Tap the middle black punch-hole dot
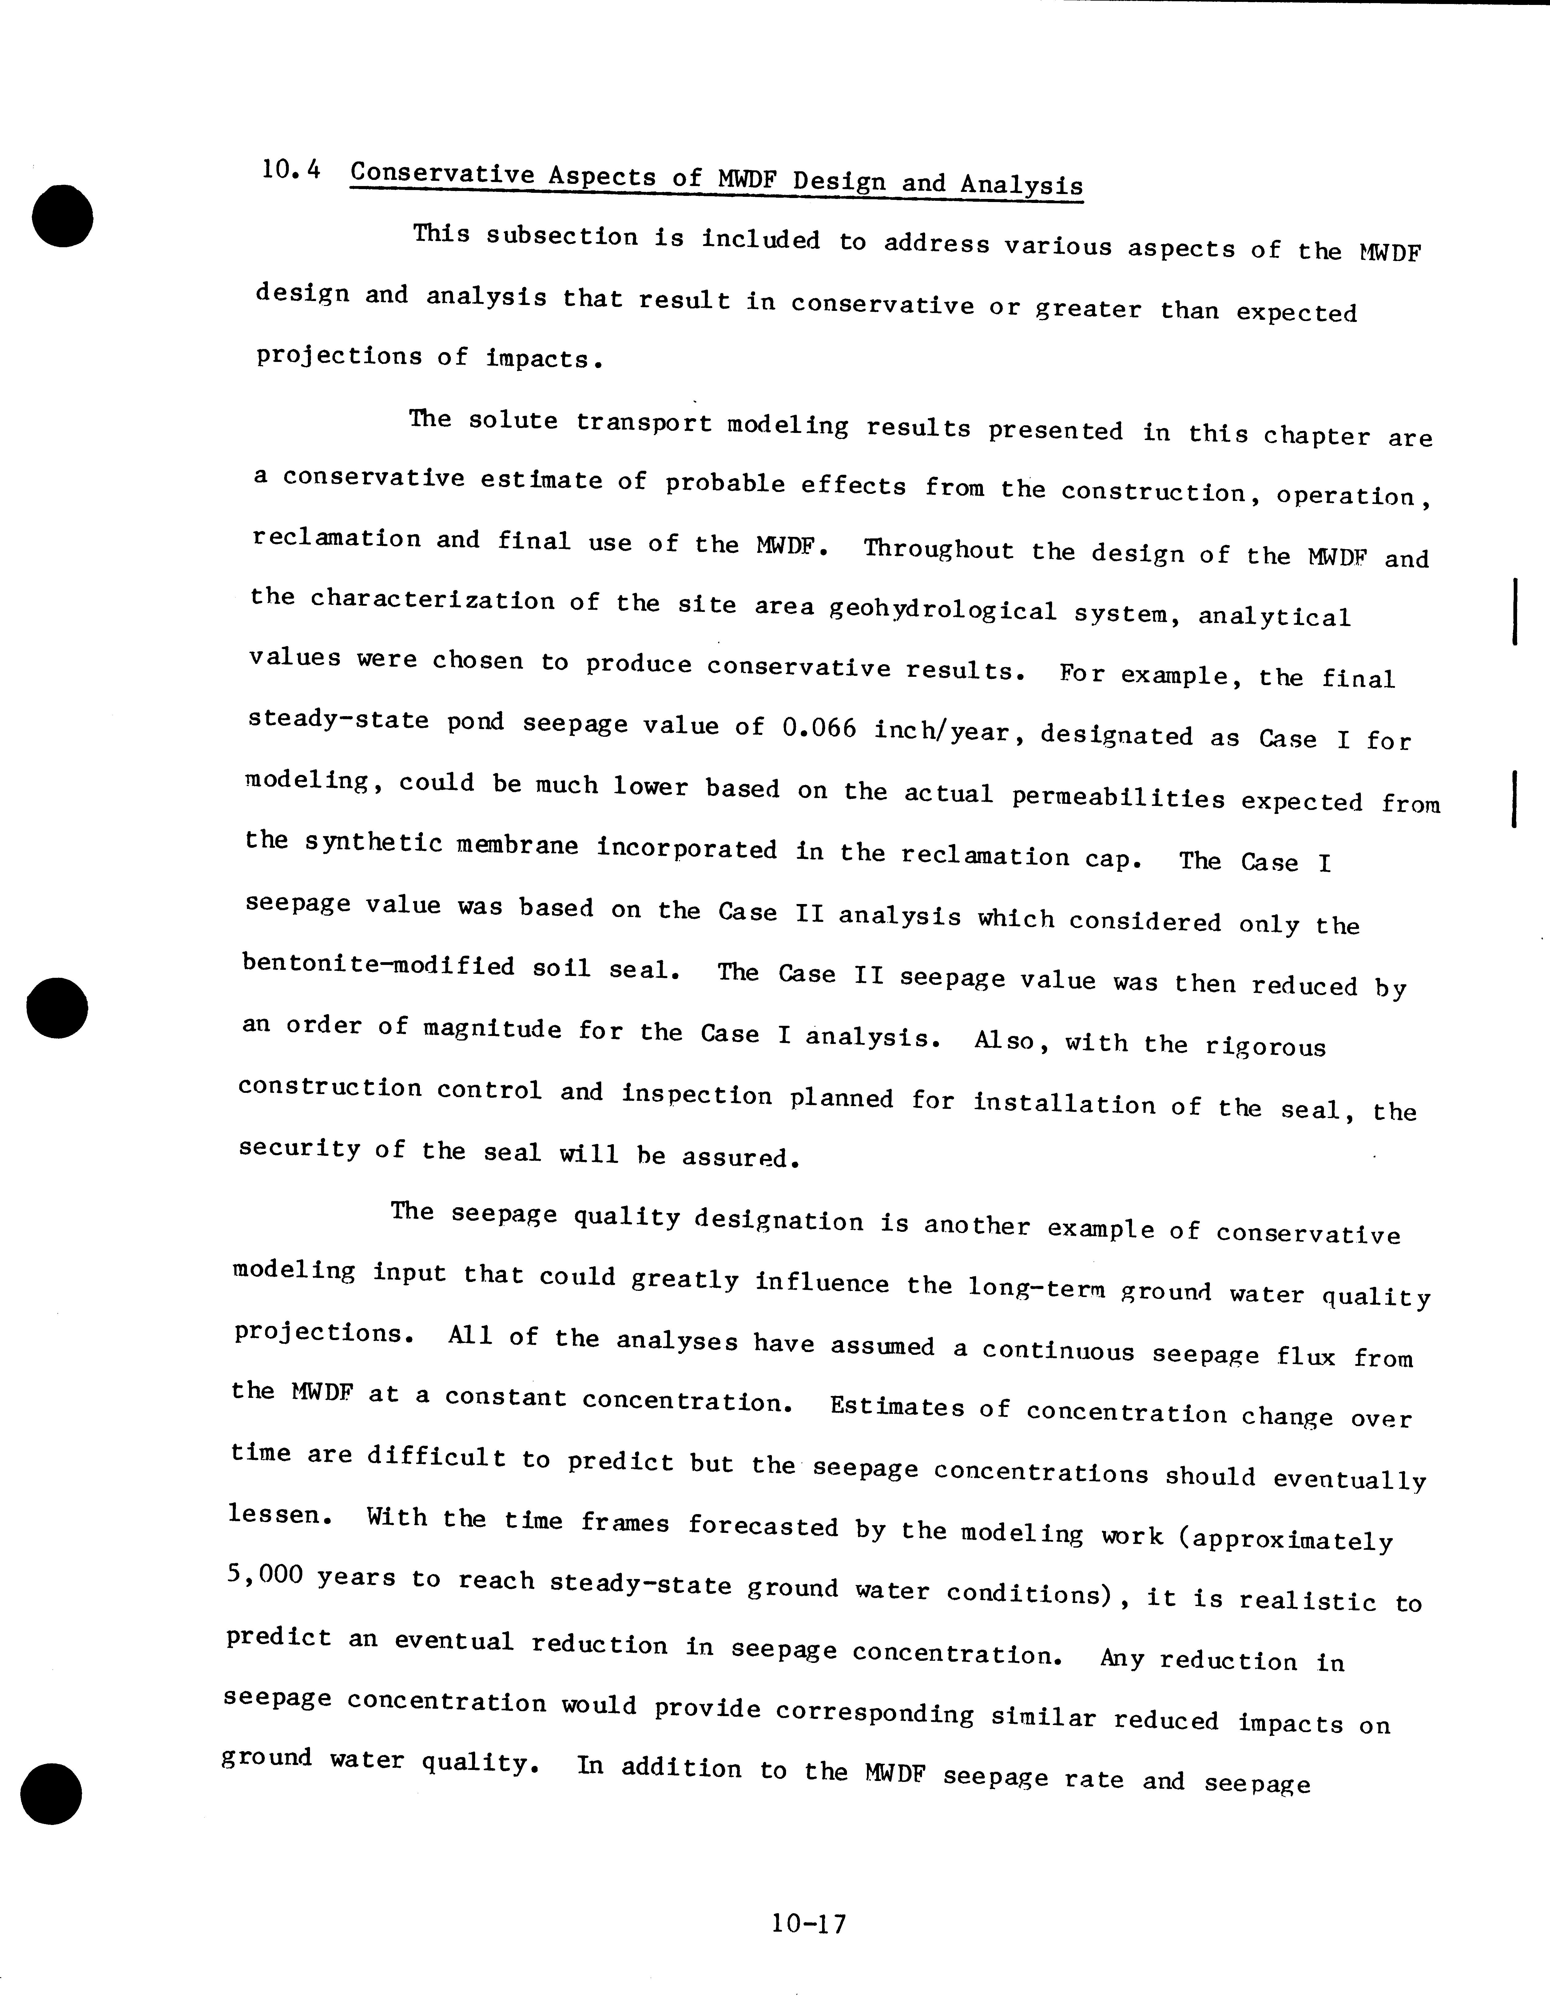[57, 1008]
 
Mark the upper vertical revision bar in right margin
[1515, 609]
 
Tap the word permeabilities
[1118, 797]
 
